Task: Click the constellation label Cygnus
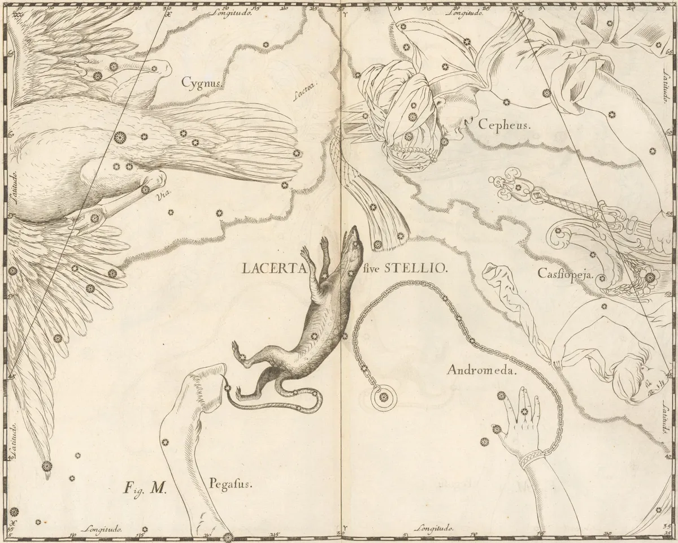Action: coord(199,82)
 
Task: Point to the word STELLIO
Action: coord(415,269)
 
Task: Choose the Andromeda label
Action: coord(481,371)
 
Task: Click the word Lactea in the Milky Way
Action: coord(306,86)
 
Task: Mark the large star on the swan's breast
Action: coord(119,136)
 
